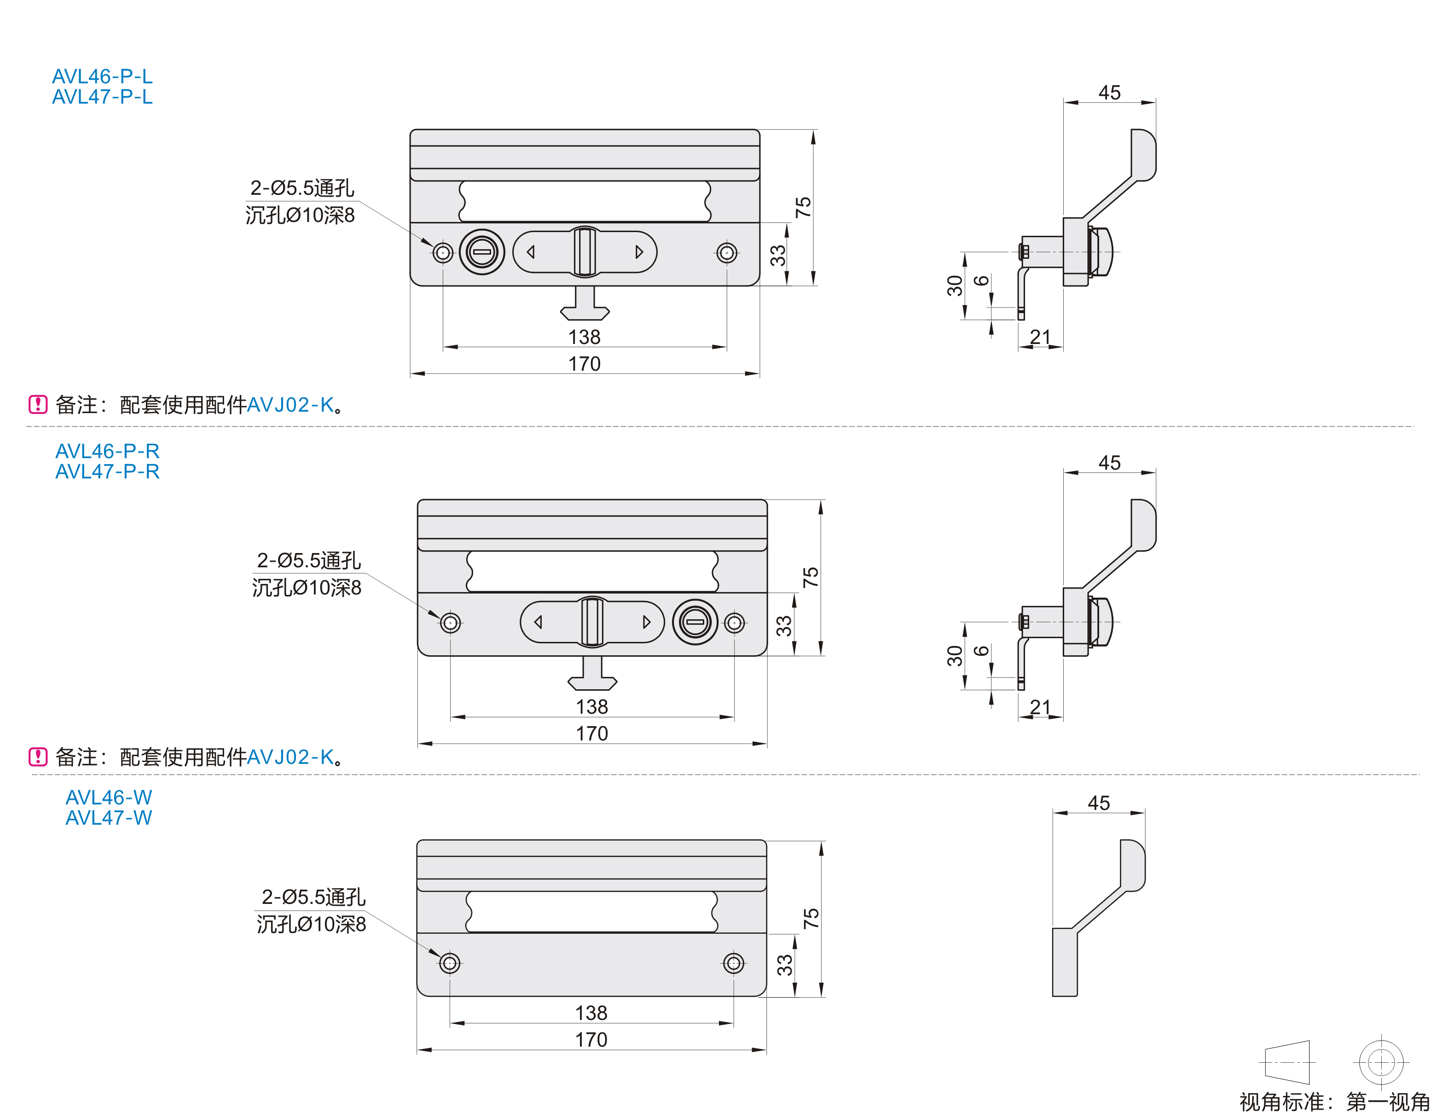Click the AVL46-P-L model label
point(102,76)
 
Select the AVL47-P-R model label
point(107,472)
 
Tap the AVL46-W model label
point(109,797)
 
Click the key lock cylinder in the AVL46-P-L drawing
point(482,252)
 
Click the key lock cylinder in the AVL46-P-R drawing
point(695,622)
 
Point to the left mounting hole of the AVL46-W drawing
point(450,963)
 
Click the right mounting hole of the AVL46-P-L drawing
point(727,253)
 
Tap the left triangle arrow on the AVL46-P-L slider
point(530,252)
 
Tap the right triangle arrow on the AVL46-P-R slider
point(646,622)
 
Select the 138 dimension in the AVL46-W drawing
point(591,1013)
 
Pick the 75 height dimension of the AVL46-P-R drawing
point(810,577)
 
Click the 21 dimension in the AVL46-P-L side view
point(1040,337)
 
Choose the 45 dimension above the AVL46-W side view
point(1099,803)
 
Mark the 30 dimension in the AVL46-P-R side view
point(954,656)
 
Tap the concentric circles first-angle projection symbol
point(1381,1062)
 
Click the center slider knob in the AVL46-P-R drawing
point(592,622)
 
